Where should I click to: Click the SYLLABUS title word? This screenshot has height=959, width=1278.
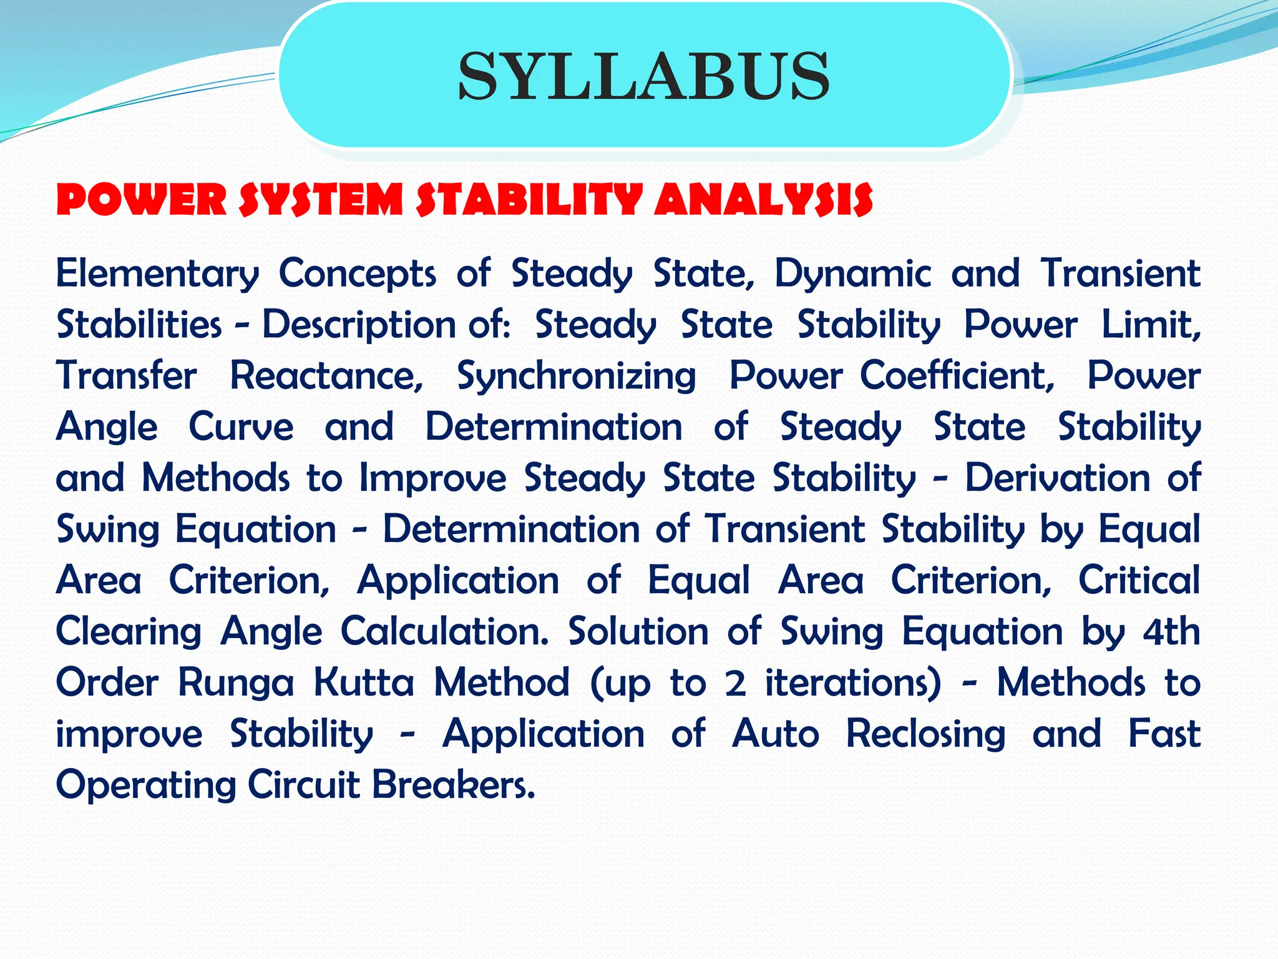[x=644, y=76]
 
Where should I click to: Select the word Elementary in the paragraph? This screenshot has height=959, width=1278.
[x=157, y=273]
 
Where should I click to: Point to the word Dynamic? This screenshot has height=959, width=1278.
[x=852, y=273]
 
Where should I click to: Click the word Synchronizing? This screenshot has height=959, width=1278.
[x=576, y=376]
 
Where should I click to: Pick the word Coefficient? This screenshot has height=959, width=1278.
[x=957, y=376]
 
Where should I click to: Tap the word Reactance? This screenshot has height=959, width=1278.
[x=326, y=376]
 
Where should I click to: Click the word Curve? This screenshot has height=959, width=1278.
[x=241, y=427]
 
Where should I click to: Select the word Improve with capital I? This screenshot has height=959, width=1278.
[x=433, y=478]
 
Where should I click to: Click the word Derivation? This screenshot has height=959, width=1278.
[x=1057, y=478]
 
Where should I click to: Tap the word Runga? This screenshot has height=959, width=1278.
[x=235, y=682]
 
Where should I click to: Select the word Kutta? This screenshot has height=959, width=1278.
[x=363, y=682]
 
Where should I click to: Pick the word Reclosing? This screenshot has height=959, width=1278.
[x=925, y=734]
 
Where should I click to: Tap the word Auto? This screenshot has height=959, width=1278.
[x=775, y=734]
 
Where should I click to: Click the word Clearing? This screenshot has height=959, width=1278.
[x=129, y=631]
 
